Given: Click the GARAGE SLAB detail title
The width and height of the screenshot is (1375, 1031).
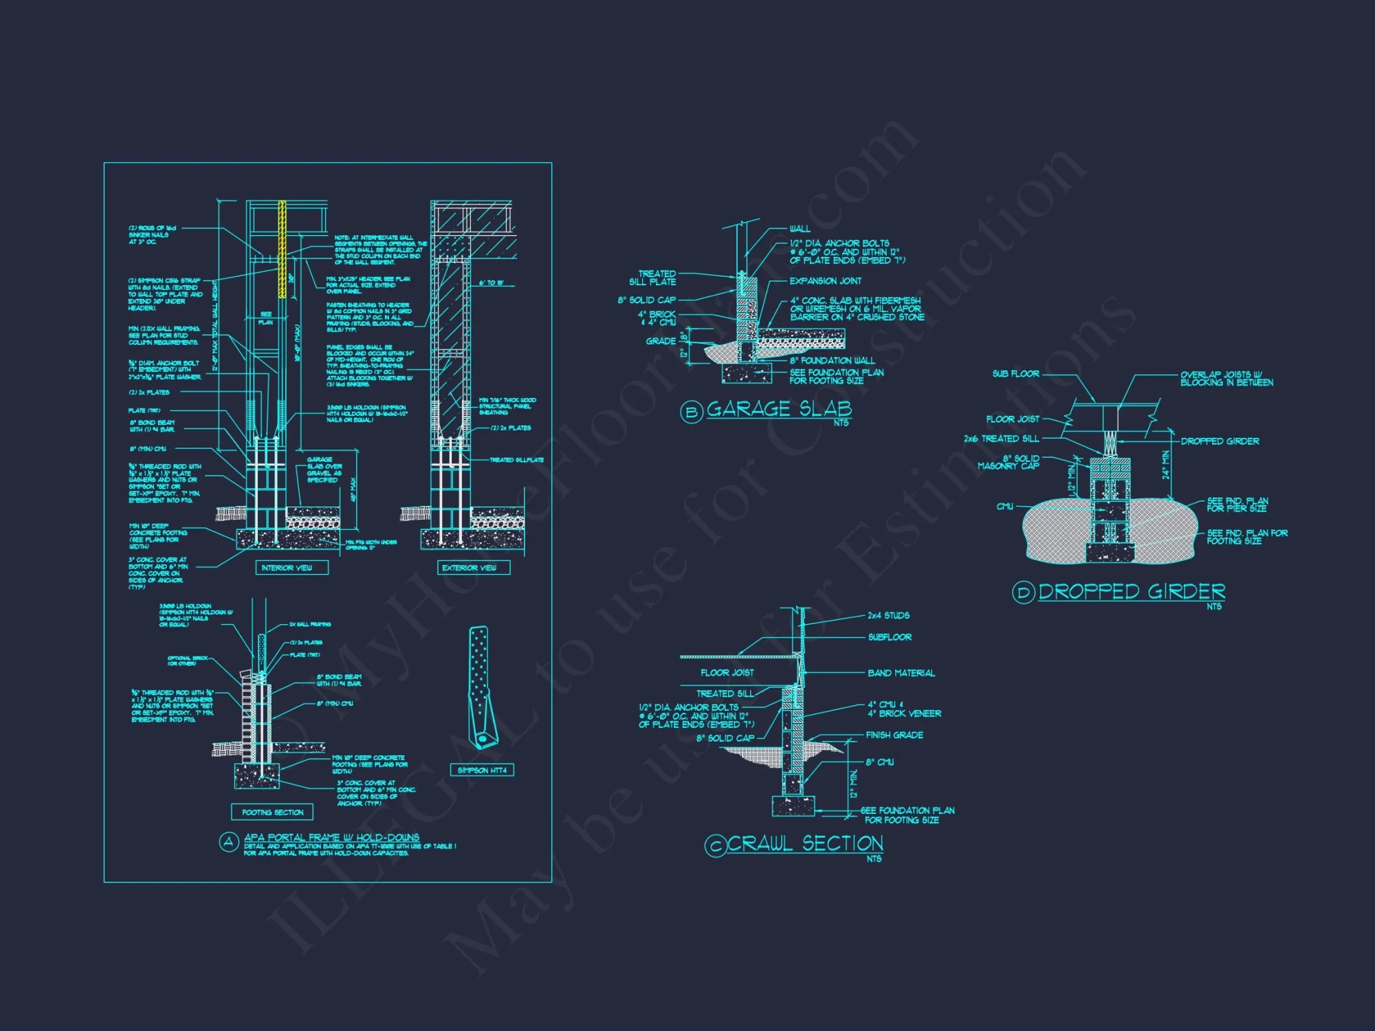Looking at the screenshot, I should [x=779, y=409].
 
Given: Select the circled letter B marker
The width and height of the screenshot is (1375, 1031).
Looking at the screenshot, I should [x=691, y=412].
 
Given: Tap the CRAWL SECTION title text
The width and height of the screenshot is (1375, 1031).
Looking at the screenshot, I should [x=804, y=843].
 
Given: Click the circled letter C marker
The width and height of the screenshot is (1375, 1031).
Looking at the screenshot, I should [x=715, y=846].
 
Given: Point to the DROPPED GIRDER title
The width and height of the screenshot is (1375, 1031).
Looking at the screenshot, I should [x=1132, y=591].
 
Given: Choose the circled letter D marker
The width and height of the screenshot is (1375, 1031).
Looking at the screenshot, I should [x=1023, y=592].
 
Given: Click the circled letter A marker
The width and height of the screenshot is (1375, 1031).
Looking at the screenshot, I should [x=228, y=843].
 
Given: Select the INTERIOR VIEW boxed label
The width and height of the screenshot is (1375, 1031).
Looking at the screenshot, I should [x=287, y=568].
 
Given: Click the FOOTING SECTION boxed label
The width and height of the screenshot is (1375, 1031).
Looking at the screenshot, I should [x=272, y=812].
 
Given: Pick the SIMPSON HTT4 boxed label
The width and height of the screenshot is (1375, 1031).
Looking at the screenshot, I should [x=482, y=771].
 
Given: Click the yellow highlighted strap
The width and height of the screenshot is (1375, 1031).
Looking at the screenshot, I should [x=282, y=249].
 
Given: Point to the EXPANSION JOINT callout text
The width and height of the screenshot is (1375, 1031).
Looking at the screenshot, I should [x=825, y=281].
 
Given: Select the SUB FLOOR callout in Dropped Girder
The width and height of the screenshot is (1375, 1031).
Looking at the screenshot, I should [x=1015, y=374].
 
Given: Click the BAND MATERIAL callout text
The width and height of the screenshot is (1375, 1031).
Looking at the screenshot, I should [x=901, y=673].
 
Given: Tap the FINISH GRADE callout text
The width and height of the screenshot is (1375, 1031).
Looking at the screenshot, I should [x=894, y=735].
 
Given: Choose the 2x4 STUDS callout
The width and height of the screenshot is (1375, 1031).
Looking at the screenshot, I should [x=888, y=615].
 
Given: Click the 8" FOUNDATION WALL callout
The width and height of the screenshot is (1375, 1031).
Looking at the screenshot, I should [x=832, y=360].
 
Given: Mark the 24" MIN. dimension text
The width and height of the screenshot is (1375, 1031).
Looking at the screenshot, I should [x=1165, y=465].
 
